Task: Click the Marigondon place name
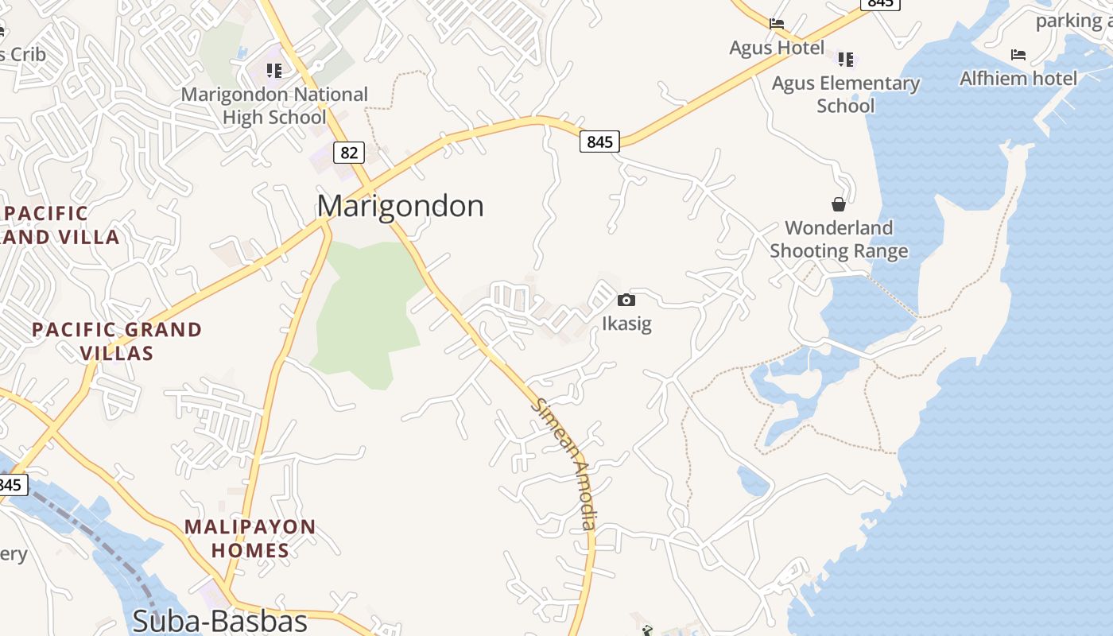(x=400, y=206)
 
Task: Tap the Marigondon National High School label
(x=274, y=106)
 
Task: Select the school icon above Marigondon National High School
(x=274, y=71)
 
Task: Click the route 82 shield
(x=348, y=152)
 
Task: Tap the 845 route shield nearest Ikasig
(x=599, y=142)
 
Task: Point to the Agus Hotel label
(x=777, y=48)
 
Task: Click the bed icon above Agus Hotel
(x=777, y=24)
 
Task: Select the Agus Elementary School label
(x=845, y=94)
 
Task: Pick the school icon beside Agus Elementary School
(x=845, y=59)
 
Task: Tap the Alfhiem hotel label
(x=1018, y=78)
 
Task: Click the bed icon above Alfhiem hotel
(x=1018, y=55)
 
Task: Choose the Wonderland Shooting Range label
(x=839, y=239)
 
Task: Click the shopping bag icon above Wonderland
(x=839, y=204)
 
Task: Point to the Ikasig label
(x=626, y=324)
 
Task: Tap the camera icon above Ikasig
(x=626, y=300)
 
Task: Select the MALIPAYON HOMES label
(x=250, y=538)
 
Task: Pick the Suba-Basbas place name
(x=219, y=620)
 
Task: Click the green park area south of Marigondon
(x=366, y=310)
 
